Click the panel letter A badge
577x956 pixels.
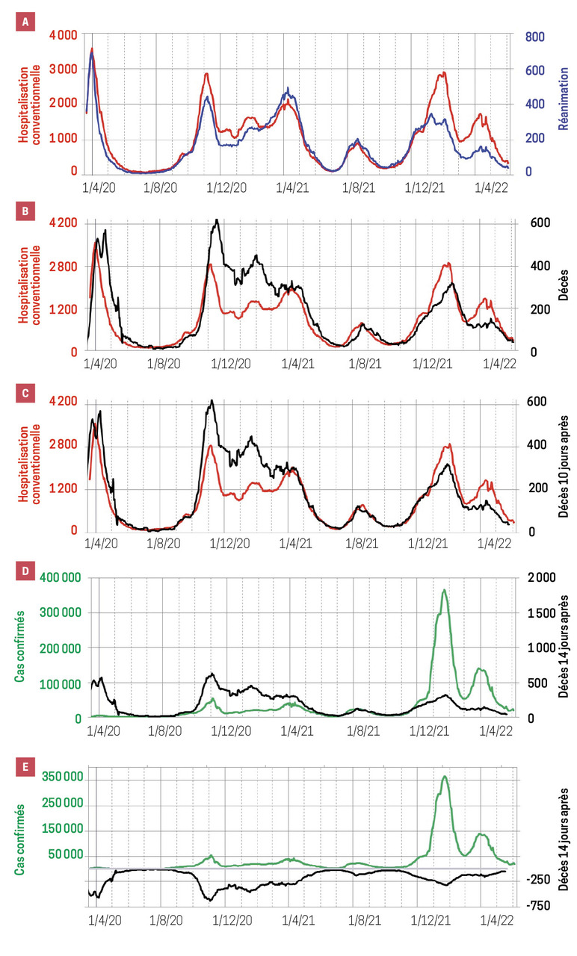tap(25, 22)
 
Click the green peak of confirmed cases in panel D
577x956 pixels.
tap(444, 591)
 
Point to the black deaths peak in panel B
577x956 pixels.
tap(216, 220)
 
